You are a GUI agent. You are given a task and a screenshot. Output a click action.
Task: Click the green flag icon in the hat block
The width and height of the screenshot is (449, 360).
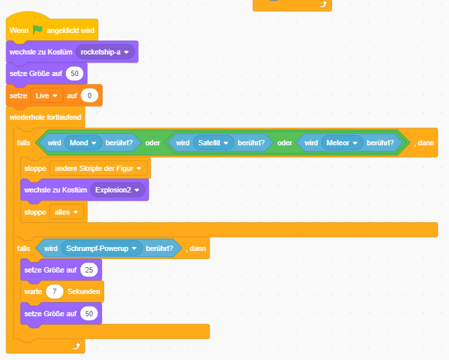39,30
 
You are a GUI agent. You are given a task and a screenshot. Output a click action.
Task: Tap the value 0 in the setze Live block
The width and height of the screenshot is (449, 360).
89,96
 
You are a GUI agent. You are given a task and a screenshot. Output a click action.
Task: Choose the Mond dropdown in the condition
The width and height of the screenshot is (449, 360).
83,143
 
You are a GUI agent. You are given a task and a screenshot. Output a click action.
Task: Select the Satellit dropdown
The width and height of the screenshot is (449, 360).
213,143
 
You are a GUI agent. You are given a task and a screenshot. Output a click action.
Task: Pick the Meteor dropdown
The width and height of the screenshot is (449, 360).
341,143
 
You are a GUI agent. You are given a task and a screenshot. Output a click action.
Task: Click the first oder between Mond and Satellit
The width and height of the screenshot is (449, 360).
153,143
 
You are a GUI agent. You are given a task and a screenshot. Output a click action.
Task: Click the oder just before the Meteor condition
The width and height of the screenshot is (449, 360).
285,143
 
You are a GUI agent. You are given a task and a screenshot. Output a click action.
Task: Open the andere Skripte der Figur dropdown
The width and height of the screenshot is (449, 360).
99,168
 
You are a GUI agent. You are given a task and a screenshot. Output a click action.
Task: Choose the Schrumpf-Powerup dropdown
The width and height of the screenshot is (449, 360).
100,248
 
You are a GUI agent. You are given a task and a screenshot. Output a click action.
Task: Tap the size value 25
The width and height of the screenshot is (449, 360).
89,270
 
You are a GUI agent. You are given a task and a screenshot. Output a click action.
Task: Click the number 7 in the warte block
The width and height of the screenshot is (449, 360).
54,292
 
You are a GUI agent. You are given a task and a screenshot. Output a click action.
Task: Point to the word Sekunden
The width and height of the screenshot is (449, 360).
84,292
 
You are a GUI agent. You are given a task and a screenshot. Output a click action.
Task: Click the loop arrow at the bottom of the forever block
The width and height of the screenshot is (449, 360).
77,346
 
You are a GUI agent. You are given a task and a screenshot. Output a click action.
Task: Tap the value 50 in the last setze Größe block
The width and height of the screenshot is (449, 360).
89,314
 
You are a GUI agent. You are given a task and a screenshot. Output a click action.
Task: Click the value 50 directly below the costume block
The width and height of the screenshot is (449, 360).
74,73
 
